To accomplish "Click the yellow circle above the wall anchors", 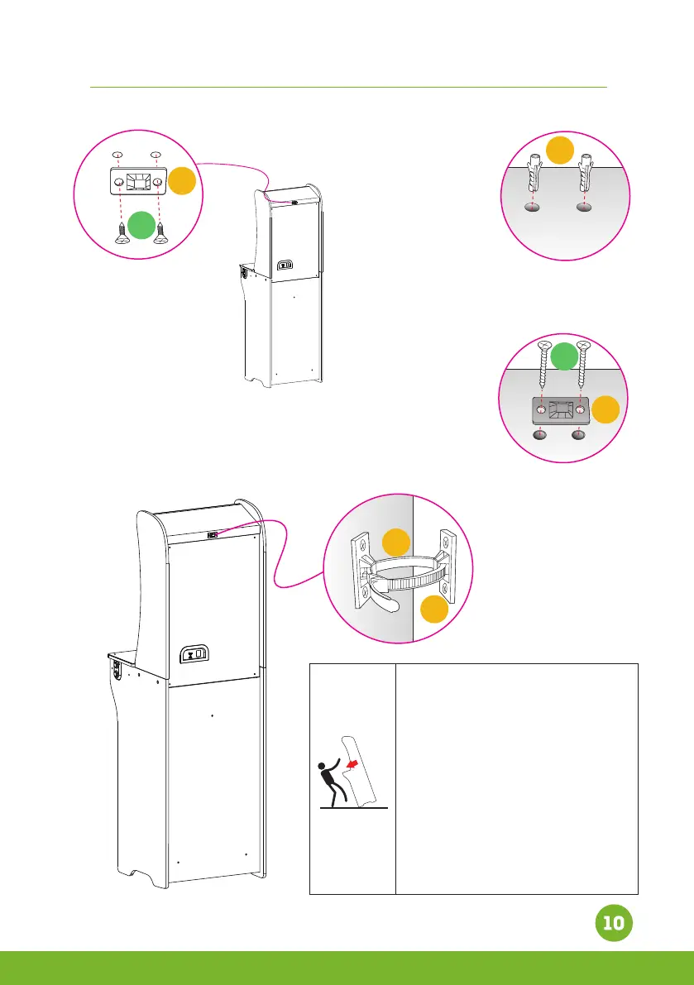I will click(561, 151).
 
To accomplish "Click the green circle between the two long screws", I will click(564, 356).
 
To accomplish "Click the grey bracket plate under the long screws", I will click(561, 409).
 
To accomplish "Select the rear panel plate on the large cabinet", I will click(195, 653).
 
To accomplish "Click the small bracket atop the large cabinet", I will click(213, 534).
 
